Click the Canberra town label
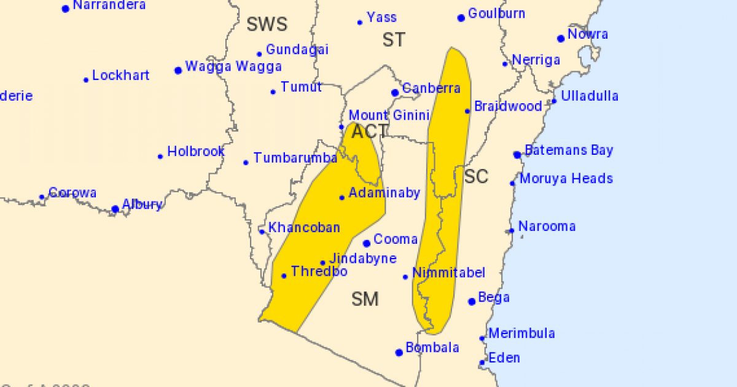(431, 88)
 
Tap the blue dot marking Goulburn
(461, 18)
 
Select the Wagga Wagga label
(233, 67)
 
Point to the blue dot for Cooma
(367, 243)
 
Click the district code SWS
(267, 25)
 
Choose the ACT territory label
(370, 131)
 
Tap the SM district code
(365, 299)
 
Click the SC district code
(476, 177)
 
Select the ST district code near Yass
(394, 40)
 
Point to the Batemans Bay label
(568, 150)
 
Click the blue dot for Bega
(472, 301)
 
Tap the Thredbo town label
(319, 272)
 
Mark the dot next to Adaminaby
(342, 197)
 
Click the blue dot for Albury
(115, 209)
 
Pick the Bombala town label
(432, 348)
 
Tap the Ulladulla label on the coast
(590, 96)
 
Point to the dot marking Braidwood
(467, 111)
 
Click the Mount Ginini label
(377, 115)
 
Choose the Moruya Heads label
(566, 179)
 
